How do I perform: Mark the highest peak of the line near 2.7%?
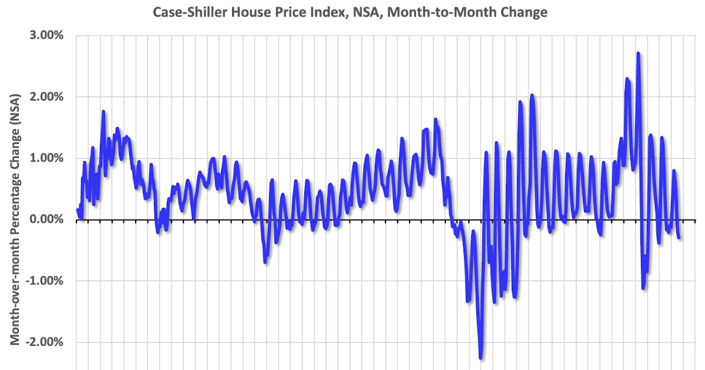(x=638, y=53)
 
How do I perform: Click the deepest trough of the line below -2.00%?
(x=481, y=357)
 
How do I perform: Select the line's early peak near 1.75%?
(x=103, y=112)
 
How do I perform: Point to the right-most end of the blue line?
(x=680, y=237)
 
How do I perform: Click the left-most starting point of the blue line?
(x=78, y=210)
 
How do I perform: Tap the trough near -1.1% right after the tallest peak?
(x=643, y=288)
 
